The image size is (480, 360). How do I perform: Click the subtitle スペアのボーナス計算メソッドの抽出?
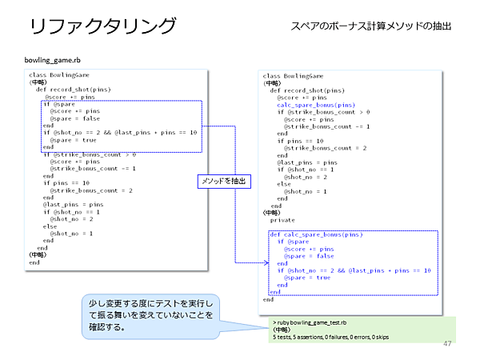(371, 27)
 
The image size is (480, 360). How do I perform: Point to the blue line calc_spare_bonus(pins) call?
(316, 105)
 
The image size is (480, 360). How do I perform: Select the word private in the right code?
(282, 220)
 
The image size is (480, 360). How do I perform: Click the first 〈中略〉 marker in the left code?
(38, 82)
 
